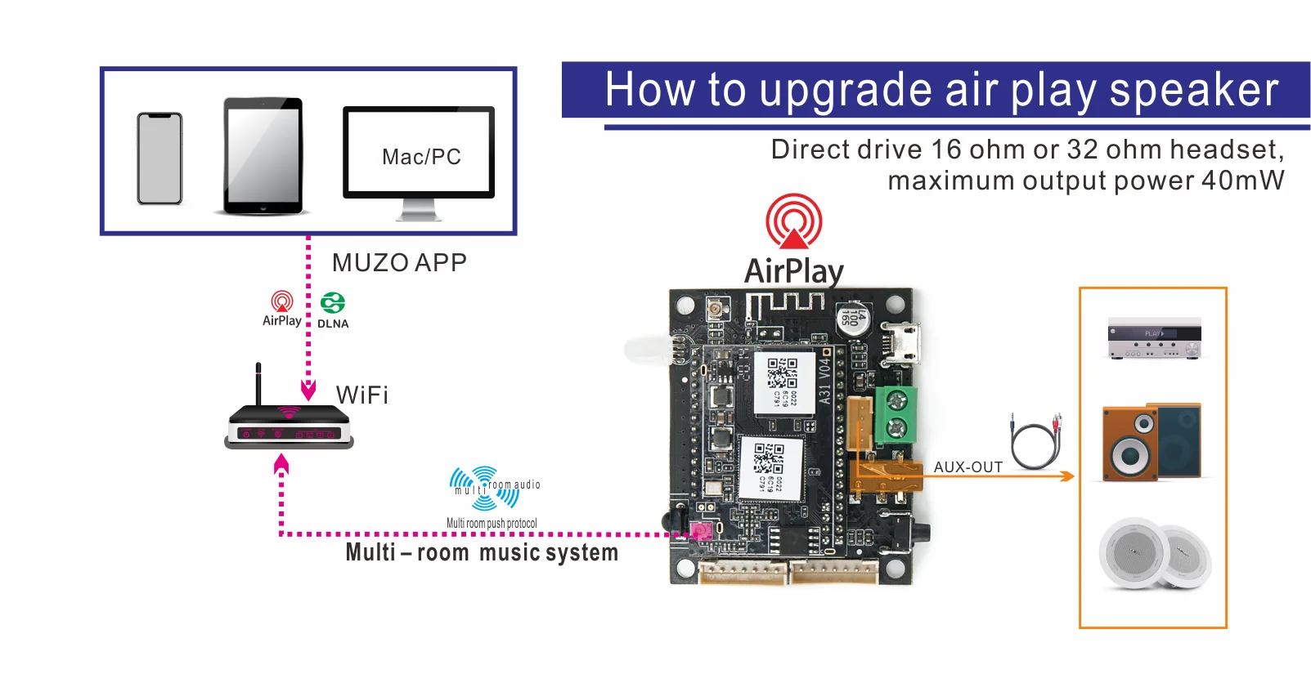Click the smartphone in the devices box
tap(159, 158)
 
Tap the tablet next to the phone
tap(263, 157)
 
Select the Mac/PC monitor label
tap(420, 157)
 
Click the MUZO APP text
tap(399, 263)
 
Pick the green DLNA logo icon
tap(333, 303)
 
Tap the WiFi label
tap(362, 395)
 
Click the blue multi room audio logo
tap(485, 488)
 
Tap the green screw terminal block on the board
tap(896, 413)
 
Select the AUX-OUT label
tap(968, 467)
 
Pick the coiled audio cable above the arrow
tap(1036, 441)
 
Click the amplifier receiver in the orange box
tap(1154, 338)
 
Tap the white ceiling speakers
tap(1153, 554)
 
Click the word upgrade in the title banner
tap(846, 91)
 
